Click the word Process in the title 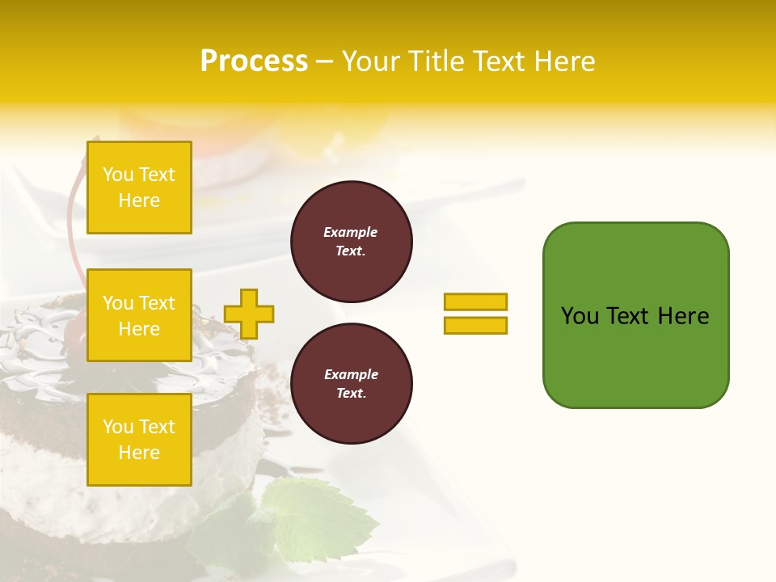(x=254, y=61)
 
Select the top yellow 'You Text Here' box (x=139, y=188)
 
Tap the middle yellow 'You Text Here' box (x=139, y=315)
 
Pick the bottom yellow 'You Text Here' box (x=139, y=439)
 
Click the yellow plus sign (x=249, y=314)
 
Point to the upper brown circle (x=351, y=242)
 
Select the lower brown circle (x=351, y=384)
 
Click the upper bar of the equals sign (x=475, y=302)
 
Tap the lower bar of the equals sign (x=475, y=325)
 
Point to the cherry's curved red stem (x=71, y=218)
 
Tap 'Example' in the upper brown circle (x=351, y=232)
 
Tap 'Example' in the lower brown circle (x=351, y=374)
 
